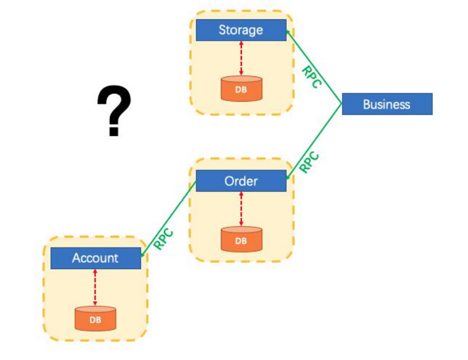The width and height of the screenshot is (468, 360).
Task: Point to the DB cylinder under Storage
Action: coord(241,89)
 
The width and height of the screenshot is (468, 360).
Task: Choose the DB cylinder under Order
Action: coord(241,240)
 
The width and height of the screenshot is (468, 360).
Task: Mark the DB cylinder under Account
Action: coord(96,319)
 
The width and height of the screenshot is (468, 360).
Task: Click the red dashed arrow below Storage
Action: coord(241,58)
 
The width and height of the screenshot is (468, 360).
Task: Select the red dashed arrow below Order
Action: coord(241,209)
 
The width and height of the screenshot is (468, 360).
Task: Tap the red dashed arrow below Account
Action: coord(95,287)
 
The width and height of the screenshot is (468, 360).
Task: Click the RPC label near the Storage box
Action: coord(311,77)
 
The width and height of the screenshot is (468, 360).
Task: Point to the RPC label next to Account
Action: coord(163,239)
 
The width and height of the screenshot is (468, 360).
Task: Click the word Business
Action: coord(387,104)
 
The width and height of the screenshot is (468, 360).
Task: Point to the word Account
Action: coord(96,258)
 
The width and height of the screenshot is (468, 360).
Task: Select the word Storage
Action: coord(241,30)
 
